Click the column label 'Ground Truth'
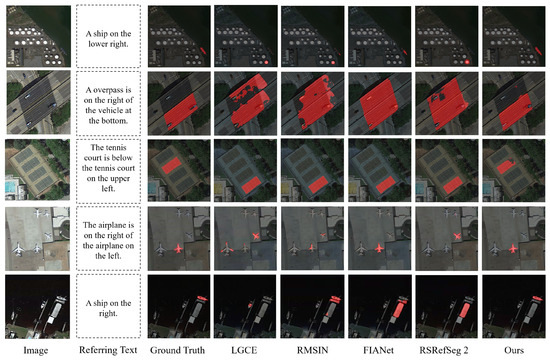pyautogui.click(x=177, y=350)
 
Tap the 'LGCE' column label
pyautogui.click(x=244, y=350)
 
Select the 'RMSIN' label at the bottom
pyautogui.click(x=313, y=350)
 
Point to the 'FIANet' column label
pyautogui.click(x=378, y=350)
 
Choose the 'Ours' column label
pyautogui.click(x=514, y=350)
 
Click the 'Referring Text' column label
pyautogui.click(x=108, y=350)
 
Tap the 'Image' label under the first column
pyautogui.click(x=35, y=350)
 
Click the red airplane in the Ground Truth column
pyautogui.click(x=179, y=248)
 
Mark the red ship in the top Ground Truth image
pyautogui.click(x=203, y=51)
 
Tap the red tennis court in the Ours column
pyautogui.click(x=505, y=166)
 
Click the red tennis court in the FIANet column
pyautogui.click(x=385, y=185)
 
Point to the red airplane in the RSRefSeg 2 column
pyautogui.click(x=457, y=236)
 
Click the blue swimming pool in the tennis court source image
pyautogui.click(x=10, y=187)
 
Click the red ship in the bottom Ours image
pyautogui.click(x=537, y=299)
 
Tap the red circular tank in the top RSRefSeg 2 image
pyautogui.click(x=467, y=62)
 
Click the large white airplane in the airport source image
pyautogui.click(x=19, y=249)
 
